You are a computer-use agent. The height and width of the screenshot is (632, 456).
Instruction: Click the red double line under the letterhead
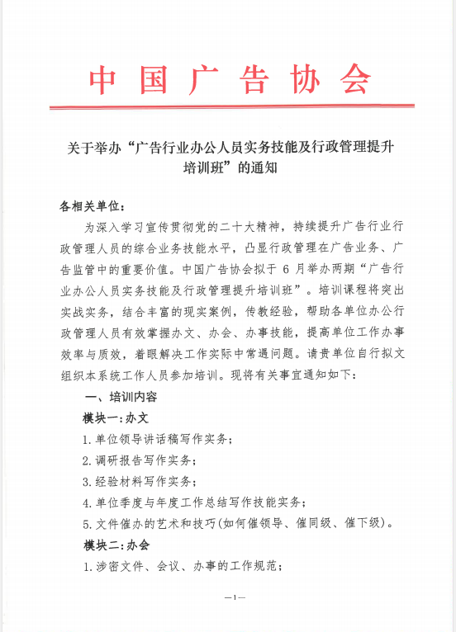[231, 107]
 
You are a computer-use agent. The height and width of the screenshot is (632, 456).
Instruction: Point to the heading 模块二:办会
[116, 545]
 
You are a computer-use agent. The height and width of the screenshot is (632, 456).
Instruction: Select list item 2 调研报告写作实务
[140, 460]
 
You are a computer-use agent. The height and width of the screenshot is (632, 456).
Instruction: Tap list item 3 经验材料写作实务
[140, 481]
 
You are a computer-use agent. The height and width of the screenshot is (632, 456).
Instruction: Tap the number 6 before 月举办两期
[287, 269]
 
